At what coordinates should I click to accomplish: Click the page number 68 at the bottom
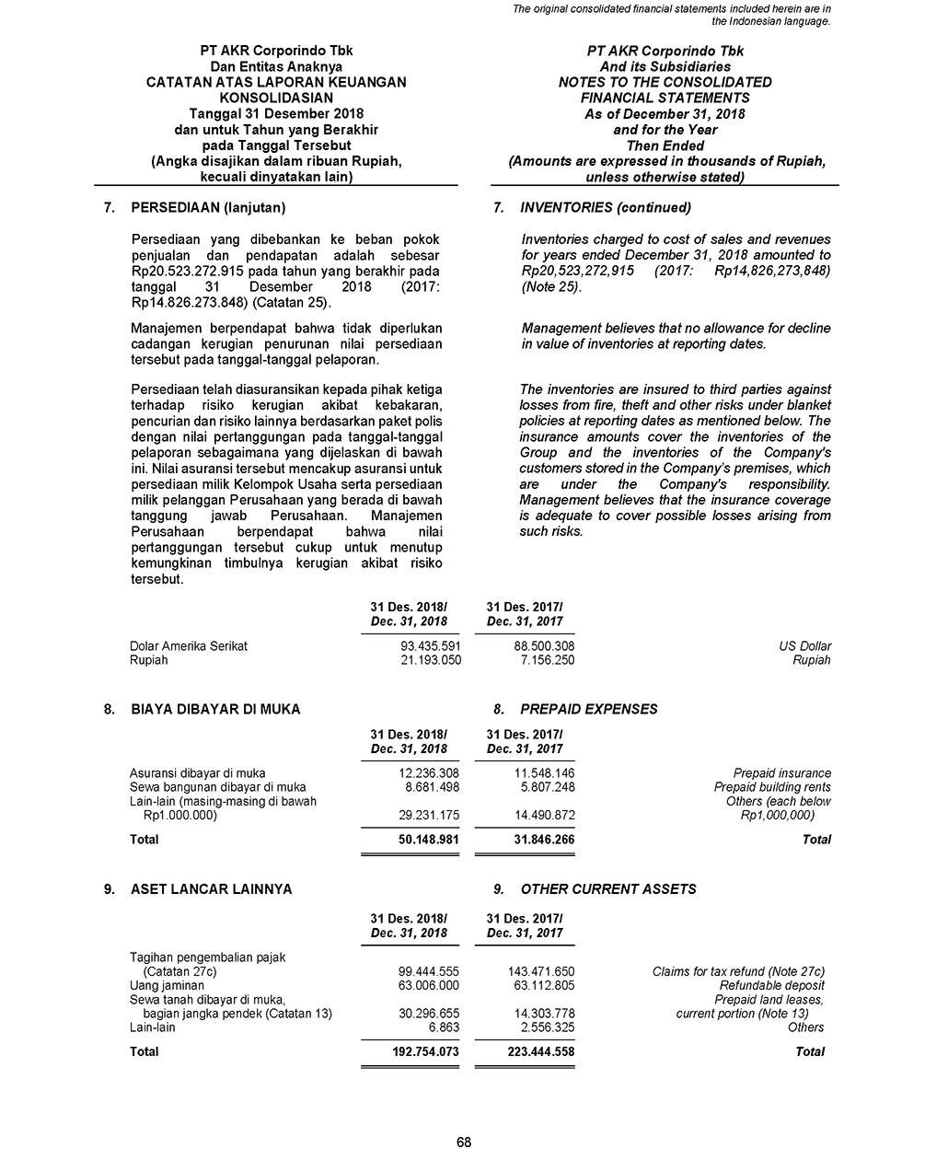463,1143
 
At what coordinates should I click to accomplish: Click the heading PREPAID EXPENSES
589,709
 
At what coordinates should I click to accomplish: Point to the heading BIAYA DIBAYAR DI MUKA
215,709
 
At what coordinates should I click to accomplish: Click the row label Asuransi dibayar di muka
197,773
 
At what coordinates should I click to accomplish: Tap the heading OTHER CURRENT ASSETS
607,889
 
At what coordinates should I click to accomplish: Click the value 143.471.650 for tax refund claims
541,971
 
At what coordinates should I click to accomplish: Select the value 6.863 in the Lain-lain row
444,1027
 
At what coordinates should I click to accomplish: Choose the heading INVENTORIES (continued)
605,207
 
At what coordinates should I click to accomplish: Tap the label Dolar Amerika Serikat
189,646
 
